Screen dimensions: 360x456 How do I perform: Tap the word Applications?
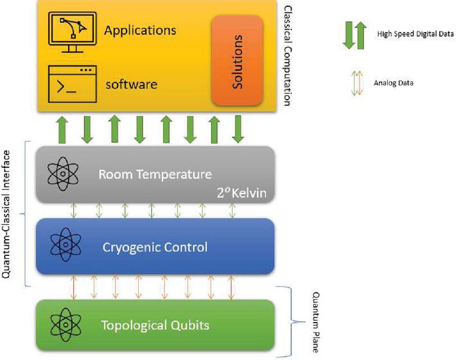[x=140, y=30]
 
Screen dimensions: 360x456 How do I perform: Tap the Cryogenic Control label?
[x=155, y=246]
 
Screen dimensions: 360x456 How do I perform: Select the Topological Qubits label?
[x=155, y=325]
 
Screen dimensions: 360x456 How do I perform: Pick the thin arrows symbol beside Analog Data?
[x=353, y=83]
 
